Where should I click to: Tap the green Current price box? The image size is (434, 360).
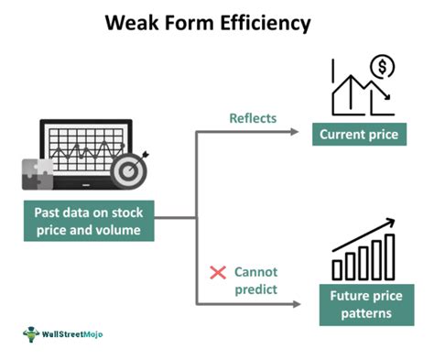[357, 135]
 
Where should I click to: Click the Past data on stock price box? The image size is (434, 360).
[89, 222]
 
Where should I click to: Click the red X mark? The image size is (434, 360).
[218, 273]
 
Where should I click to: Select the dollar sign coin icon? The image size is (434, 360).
[382, 67]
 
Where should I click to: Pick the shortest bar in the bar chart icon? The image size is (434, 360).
[338, 269]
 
